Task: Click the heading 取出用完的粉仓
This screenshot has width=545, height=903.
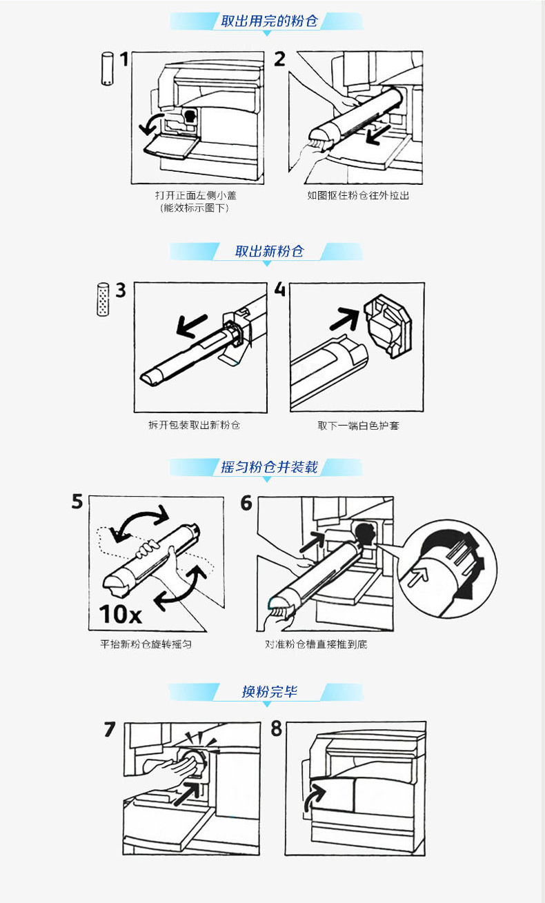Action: click(269, 21)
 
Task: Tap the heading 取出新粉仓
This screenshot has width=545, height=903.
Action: click(269, 251)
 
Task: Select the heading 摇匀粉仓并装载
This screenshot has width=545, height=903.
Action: click(269, 467)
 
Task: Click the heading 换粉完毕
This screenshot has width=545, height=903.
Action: click(269, 691)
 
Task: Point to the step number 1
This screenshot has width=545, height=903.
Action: click(124, 59)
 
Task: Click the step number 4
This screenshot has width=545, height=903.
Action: click(280, 289)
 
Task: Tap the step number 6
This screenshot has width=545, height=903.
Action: click(246, 503)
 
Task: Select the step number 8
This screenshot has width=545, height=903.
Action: click(276, 728)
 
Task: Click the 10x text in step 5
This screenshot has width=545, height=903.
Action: click(121, 615)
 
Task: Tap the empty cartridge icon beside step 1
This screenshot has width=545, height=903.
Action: click(107, 68)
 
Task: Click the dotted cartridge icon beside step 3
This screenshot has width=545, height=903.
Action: click(103, 299)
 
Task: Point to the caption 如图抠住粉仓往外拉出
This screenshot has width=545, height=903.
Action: click(358, 195)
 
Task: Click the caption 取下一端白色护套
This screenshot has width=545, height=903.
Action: click(358, 426)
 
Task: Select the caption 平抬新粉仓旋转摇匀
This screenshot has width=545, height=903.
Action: click(146, 644)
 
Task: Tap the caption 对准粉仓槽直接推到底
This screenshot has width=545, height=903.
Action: click(316, 644)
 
